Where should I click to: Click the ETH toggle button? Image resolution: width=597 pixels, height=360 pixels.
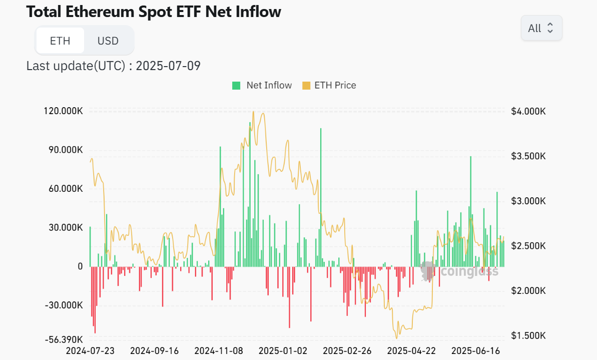(60, 41)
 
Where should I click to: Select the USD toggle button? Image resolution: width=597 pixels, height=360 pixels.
(108, 41)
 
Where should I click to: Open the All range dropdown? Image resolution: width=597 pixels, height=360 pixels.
(541, 28)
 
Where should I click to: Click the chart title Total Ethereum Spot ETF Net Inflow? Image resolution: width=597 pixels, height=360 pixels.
(154, 12)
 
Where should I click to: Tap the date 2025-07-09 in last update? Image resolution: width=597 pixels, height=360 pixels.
(168, 66)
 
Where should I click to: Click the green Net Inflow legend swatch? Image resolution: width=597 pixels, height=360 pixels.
(236, 86)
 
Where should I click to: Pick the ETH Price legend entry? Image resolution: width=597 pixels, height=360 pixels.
(329, 86)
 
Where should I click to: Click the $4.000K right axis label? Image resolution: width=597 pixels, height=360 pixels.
(528, 111)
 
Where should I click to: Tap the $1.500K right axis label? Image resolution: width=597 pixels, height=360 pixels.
(528, 335)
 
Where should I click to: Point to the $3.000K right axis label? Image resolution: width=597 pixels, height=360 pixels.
(528, 201)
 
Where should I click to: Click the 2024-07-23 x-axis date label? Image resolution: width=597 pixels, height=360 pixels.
(90, 351)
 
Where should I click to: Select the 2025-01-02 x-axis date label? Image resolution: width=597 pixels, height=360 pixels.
(283, 351)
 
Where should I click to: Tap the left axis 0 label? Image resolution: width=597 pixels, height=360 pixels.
(80, 266)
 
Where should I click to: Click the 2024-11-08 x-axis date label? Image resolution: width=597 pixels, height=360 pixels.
(219, 351)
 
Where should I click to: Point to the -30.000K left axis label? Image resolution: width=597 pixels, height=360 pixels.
(65, 305)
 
